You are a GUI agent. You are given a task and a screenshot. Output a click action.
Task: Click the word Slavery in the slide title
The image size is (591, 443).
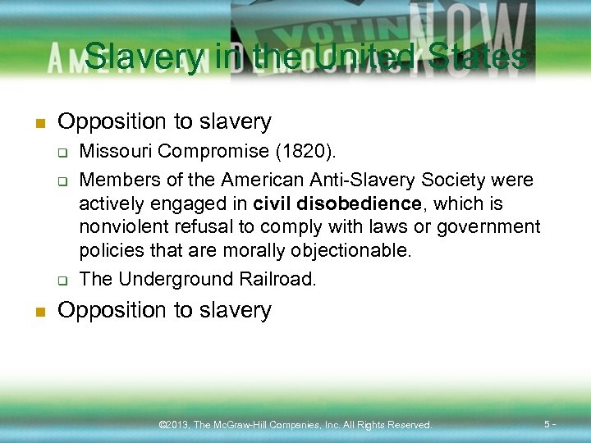coord(144,57)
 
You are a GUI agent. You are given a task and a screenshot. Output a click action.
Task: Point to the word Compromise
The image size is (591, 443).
coord(213,152)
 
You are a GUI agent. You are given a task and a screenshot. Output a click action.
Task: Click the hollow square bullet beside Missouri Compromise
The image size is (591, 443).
coord(62,153)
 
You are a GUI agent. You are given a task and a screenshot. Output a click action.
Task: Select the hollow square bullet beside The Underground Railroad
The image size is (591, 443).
coord(62,280)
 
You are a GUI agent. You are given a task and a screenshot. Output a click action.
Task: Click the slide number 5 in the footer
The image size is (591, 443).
coord(547,423)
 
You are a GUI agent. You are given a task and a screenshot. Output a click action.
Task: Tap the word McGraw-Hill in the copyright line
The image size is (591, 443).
coord(245,425)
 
